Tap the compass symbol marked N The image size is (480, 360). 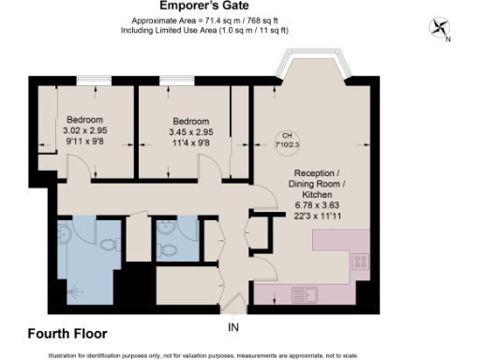pos(439,29)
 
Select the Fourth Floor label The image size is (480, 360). pos(67,333)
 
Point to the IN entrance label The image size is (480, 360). pos(234,327)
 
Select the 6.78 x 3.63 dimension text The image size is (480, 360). pos(322,204)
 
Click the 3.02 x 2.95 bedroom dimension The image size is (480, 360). pos(82,132)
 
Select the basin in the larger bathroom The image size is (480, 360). pos(64,232)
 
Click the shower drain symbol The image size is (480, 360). pos(73,291)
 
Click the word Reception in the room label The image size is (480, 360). pos(318,173)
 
